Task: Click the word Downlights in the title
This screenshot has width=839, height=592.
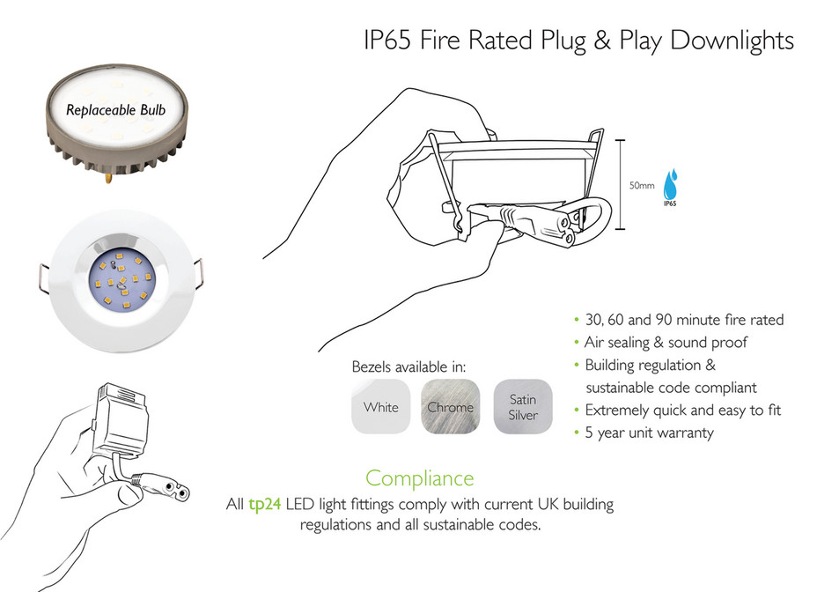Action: click(x=732, y=41)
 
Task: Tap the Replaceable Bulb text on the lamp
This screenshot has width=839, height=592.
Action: click(x=115, y=110)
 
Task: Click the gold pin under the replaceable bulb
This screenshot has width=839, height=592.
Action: click(x=109, y=177)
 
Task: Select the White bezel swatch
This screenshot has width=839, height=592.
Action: click(x=381, y=407)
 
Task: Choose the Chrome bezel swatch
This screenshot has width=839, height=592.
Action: click(x=451, y=407)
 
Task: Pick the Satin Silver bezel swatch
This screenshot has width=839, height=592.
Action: click(x=523, y=407)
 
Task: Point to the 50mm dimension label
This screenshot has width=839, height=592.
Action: click(x=642, y=185)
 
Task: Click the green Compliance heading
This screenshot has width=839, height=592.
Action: click(x=420, y=478)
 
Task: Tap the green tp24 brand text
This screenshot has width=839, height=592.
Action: click(x=265, y=505)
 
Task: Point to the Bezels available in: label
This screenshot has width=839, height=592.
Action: click(x=408, y=367)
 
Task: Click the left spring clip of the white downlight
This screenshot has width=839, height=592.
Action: click(x=44, y=278)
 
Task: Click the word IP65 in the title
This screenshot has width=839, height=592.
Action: click(x=387, y=41)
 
